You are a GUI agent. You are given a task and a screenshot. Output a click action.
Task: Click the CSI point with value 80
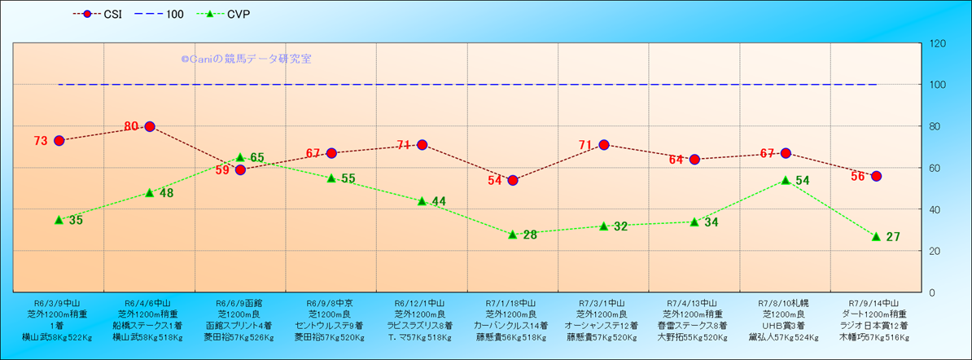click(150, 126)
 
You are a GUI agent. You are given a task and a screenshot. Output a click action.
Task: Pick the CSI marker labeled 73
click(59, 141)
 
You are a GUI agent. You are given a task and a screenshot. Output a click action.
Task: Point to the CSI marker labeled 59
click(240, 169)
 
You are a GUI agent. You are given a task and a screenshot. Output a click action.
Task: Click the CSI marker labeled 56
click(876, 176)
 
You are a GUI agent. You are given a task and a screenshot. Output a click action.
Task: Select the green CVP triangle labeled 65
click(240, 157)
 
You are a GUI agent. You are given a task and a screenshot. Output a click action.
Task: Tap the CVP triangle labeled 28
click(513, 234)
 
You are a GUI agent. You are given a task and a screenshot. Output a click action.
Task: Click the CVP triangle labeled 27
click(876, 236)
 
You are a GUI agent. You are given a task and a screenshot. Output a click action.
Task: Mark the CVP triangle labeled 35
click(59, 219)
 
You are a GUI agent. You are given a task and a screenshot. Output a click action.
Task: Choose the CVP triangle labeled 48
click(150, 192)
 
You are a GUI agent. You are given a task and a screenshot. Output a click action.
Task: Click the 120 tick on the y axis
click(937, 43)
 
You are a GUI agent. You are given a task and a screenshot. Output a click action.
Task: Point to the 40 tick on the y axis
click(935, 209)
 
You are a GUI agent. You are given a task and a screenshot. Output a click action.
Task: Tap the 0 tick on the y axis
click(932, 292)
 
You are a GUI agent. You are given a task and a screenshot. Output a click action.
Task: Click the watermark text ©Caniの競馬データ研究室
click(246, 59)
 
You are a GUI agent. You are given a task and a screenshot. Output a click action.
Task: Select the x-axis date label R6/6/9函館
click(239, 301)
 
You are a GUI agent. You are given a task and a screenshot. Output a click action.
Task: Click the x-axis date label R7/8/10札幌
click(785, 301)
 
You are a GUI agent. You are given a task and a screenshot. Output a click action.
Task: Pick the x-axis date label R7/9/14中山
click(876, 301)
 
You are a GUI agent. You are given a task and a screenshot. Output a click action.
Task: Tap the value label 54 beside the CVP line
click(802, 180)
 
